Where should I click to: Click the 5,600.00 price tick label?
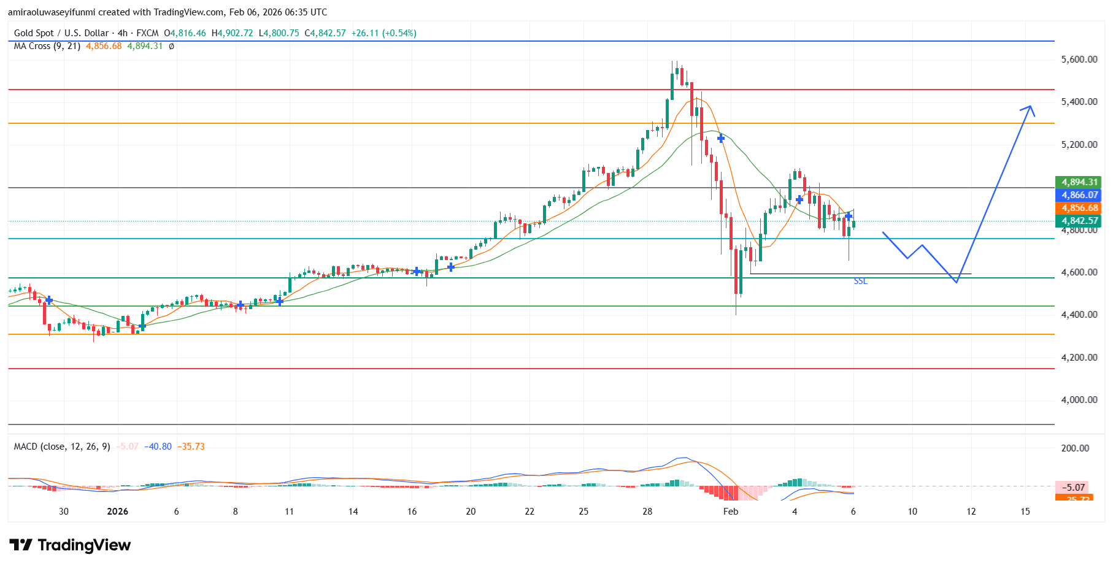(x=1079, y=59)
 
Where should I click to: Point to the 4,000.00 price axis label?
(x=1079, y=400)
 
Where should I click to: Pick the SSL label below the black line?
(x=860, y=281)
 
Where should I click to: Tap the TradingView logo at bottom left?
(x=70, y=545)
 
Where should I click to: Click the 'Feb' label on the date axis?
(x=730, y=512)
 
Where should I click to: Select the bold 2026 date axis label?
(x=117, y=512)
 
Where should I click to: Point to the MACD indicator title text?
(x=62, y=447)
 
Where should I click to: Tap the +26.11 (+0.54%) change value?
(x=383, y=33)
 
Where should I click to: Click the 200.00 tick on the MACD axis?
(x=1075, y=448)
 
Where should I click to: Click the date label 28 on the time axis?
(x=647, y=512)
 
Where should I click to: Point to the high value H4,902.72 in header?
(x=232, y=33)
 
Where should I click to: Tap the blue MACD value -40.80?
(x=158, y=447)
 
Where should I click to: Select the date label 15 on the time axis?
(x=1025, y=512)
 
